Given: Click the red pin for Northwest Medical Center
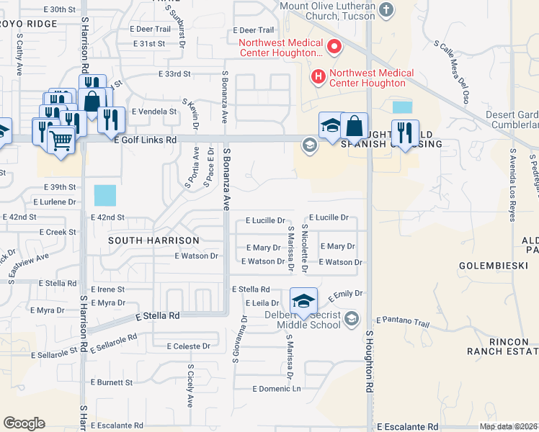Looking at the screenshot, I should pos(334,48).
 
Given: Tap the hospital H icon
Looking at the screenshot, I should pos(316,76).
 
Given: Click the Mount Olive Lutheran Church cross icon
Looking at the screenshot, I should pos(388,9).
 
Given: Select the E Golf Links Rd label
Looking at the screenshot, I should pos(145,140).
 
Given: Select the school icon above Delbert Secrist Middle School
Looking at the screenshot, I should pos(303,300).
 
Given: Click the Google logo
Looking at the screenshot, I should pos(24,423).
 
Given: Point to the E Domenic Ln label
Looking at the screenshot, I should pos(276,388).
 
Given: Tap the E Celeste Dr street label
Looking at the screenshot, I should pos(187,346).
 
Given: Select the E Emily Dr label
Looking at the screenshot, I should pos(346,294).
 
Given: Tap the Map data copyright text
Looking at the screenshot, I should pos(508,426).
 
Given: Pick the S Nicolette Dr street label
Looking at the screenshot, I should pos(306,248).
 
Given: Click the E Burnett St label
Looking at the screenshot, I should pos(112,382).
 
